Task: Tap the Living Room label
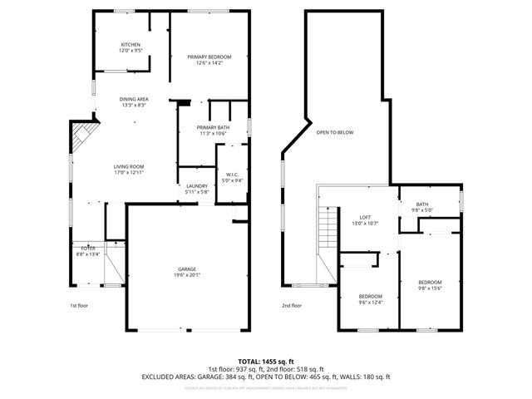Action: pos(129,170)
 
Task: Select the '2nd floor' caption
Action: pos(291,306)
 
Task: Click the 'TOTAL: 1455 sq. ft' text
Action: pos(265,362)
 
